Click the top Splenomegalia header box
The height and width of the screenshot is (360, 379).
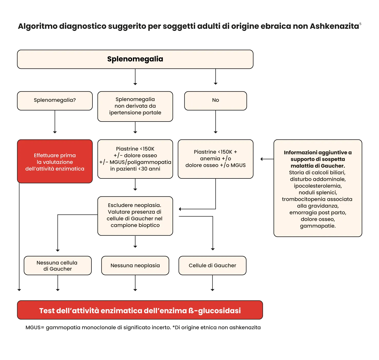click(135, 59)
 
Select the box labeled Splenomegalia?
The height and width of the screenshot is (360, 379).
click(55, 101)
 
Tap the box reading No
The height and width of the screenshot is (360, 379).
click(215, 101)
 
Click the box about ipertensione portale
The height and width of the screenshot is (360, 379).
click(135, 106)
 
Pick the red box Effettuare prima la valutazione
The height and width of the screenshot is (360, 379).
click(55, 161)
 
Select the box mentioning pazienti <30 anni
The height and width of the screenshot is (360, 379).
click(135, 159)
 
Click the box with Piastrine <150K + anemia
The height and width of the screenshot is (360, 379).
click(215, 159)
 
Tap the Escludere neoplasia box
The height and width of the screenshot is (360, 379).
click(135, 216)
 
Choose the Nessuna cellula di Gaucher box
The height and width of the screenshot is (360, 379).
click(58, 265)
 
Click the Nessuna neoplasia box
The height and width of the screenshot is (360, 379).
click(135, 265)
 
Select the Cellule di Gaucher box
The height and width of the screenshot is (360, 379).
click(212, 265)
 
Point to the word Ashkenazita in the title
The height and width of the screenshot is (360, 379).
click(334, 26)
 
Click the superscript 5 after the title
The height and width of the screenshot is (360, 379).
click(360, 24)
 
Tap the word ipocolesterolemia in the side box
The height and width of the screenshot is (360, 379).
click(318, 186)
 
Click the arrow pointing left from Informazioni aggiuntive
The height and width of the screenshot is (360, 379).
click(267, 159)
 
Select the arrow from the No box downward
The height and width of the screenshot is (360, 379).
click(216, 122)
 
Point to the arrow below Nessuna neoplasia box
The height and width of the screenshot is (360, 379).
click(135, 283)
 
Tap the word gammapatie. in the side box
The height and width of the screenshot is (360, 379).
click(318, 226)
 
